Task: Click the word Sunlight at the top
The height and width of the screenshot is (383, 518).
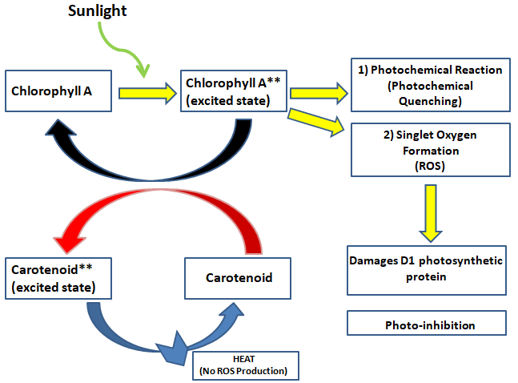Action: (x=120, y=11)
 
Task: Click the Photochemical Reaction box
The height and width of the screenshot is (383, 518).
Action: (x=430, y=84)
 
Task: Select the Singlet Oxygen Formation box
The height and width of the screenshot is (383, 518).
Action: (x=430, y=150)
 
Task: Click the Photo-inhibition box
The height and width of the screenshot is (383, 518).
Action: (x=427, y=324)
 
